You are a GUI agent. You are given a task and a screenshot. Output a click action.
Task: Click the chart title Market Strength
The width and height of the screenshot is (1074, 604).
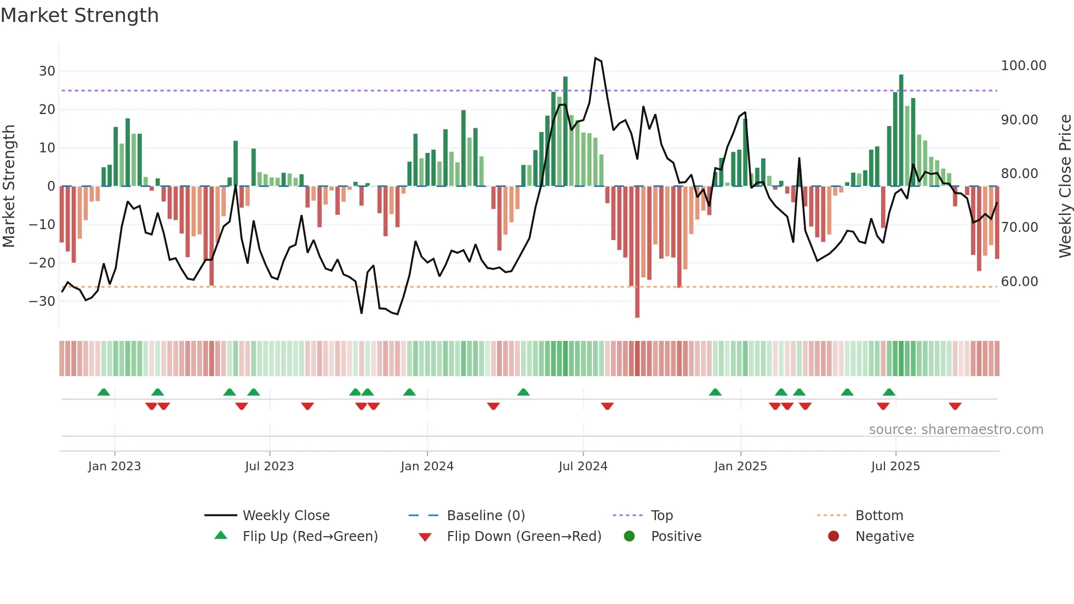[x=79, y=15]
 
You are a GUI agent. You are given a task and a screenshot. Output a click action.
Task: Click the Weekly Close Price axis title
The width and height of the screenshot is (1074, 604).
[x=1065, y=186]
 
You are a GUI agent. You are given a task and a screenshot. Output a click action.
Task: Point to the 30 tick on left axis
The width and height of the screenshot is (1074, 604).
[x=47, y=71]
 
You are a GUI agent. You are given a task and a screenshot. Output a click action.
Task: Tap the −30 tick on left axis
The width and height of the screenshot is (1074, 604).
[x=42, y=301]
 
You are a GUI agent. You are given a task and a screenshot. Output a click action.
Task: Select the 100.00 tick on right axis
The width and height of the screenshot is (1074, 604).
[x=1023, y=66]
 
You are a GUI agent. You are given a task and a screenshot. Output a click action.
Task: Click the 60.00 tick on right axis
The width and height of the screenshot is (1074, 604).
[x=1019, y=282]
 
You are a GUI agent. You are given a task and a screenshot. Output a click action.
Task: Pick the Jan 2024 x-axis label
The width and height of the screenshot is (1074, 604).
[x=427, y=466]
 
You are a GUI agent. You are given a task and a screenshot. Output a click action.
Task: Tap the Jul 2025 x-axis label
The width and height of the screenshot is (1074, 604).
[x=895, y=466]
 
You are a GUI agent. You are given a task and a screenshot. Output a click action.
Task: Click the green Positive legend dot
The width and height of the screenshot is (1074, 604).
[x=629, y=537]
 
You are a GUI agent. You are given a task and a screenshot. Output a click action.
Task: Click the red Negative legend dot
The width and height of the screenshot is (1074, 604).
[x=833, y=537]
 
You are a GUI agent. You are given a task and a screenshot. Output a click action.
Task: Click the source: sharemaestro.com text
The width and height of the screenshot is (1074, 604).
[x=956, y=430]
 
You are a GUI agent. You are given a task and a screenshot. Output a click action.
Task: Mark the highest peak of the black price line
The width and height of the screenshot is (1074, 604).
[x=596, y=58]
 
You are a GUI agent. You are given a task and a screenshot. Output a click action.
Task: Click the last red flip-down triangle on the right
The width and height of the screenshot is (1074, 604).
[x=955, y=406]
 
